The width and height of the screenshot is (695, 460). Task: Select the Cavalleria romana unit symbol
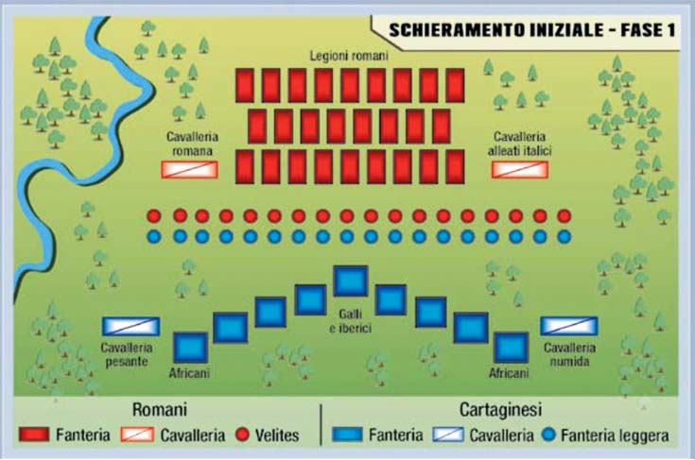pyautogui.click(x=190, y=170)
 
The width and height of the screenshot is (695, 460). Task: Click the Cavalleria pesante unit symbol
pyautogui.click(x=130, y=326)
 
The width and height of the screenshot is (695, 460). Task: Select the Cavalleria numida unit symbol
pyautogui.click(x=569, y=326)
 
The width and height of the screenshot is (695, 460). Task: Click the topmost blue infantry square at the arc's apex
pyautogui.click(x=349, y=281)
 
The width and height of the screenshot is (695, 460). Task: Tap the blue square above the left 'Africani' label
pyautogui.click(x=190, y=346)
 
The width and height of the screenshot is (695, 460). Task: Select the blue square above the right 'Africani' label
pyautogui.click(x=511, y=346)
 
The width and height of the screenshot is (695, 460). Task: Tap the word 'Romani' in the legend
pyautogui.click(x=160, y=411)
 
